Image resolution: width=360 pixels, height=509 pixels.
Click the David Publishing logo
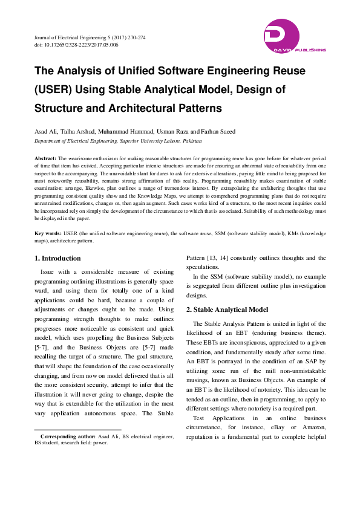(x=294, y=36)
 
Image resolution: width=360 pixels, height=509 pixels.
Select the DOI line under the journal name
(x=76, y=45)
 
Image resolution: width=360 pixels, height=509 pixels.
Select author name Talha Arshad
(x=79, y=131)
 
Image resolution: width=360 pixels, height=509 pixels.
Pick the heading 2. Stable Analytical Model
(x=227, y=309)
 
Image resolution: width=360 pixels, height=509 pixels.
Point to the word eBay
(x=277, y=427)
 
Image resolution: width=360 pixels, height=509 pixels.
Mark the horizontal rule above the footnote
(x=78, y=429)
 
